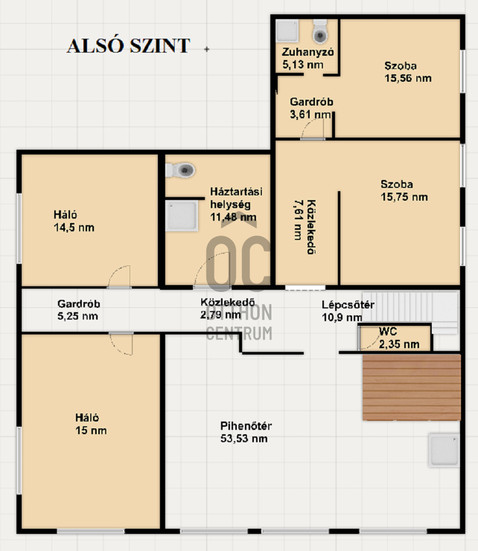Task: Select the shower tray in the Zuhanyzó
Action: pos(287,31)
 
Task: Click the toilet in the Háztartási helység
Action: pos(182,170)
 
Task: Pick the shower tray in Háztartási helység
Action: pos(182,216)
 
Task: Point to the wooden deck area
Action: pos(412,387)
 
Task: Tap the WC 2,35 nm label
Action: pos(399,338)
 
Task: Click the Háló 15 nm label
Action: pos(90,424)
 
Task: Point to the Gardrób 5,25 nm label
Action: pos(78,310)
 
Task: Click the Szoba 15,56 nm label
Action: pos(407,72)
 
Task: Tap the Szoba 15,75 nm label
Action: pos(404,191)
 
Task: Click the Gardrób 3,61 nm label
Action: pos(311,108)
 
